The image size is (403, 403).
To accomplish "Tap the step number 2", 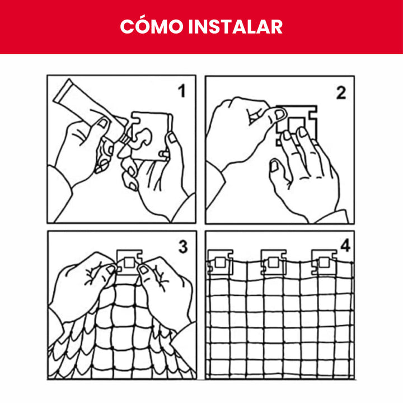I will (341, 93).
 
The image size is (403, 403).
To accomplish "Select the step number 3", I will (182, 246).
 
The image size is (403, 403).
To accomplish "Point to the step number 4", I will (344, 245).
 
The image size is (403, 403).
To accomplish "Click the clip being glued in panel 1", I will (152, 134).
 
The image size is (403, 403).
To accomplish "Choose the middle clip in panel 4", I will (273, 261).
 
